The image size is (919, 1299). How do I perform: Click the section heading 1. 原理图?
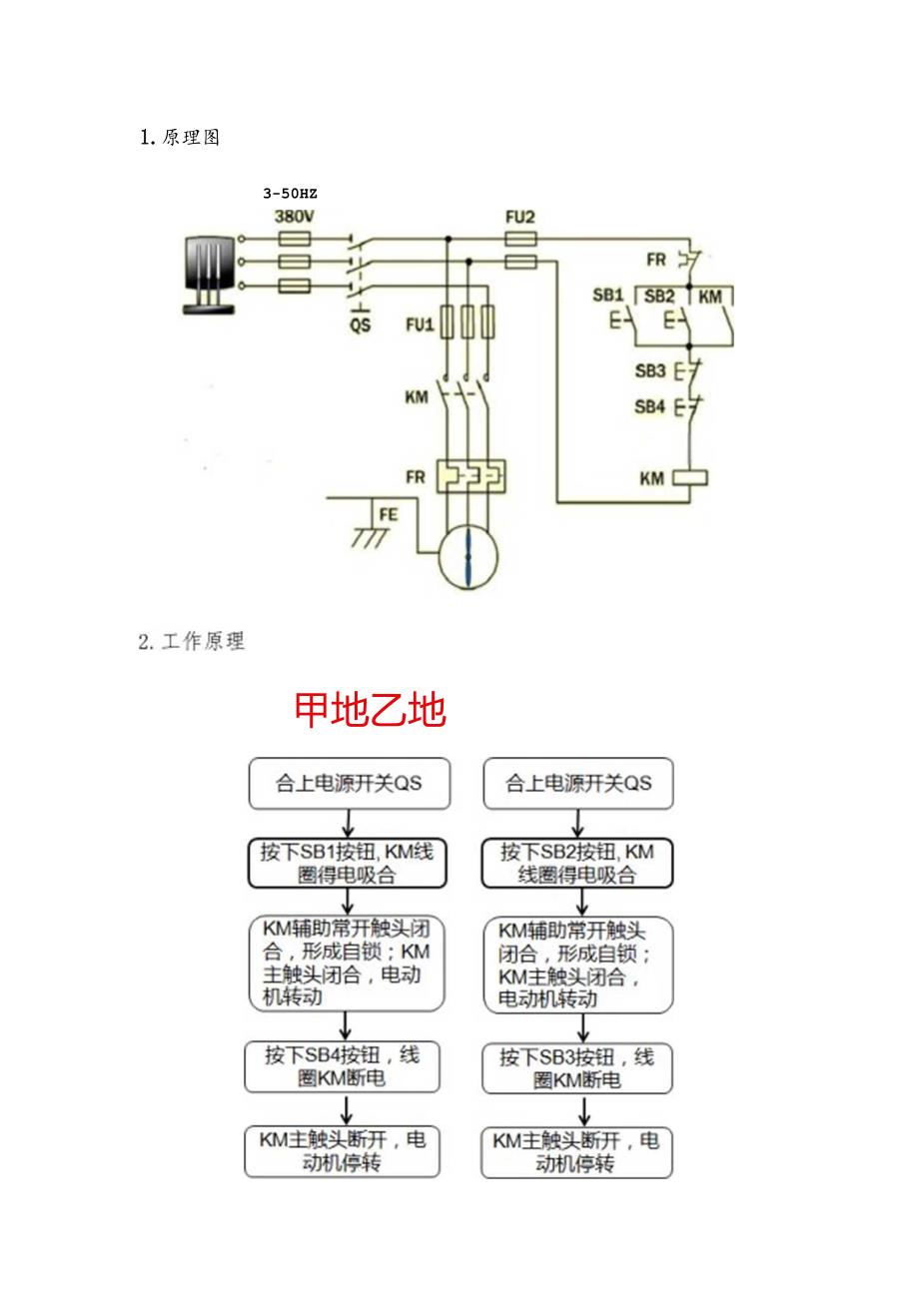(x=179, y=138)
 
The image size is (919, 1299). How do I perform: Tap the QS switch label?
(x=360, y=325)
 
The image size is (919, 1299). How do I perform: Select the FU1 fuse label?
(x=420, y=325)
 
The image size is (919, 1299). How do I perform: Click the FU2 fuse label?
(x=520, y=216)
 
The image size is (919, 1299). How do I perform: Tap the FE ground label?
(x=388, y=515)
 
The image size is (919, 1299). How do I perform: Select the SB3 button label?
(x=649, y=370)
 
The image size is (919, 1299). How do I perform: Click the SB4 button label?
(x=649, y=407)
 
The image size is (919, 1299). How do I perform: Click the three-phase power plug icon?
(x=210, y=274)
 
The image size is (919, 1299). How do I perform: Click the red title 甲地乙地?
(x=370, y=711)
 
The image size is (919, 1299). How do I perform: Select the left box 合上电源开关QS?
(x=349, y=783)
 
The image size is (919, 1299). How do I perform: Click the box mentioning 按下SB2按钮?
(x=576, y=863)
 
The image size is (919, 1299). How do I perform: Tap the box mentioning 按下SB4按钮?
(x=343, y=1067)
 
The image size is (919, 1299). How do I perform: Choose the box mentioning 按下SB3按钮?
(x=576, y=1068)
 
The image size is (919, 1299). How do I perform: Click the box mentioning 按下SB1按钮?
(x=348, y=863)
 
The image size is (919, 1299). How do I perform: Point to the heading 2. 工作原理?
(x=191, y=642)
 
